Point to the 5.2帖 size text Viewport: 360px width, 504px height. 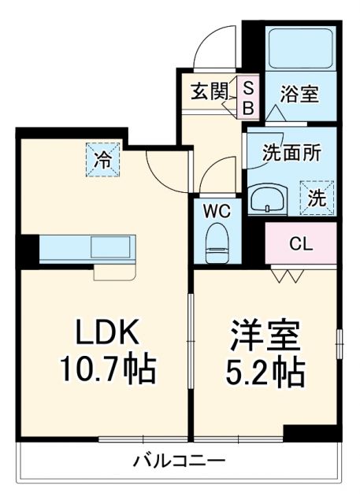click(264, 372)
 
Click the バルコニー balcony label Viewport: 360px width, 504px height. click(180, 460)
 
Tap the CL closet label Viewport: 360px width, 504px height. click(300, 243)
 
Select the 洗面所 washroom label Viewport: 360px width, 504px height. click(291, 154)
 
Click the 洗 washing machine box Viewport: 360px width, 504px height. click(316, 197)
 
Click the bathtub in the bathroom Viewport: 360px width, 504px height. click(300, 50)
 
